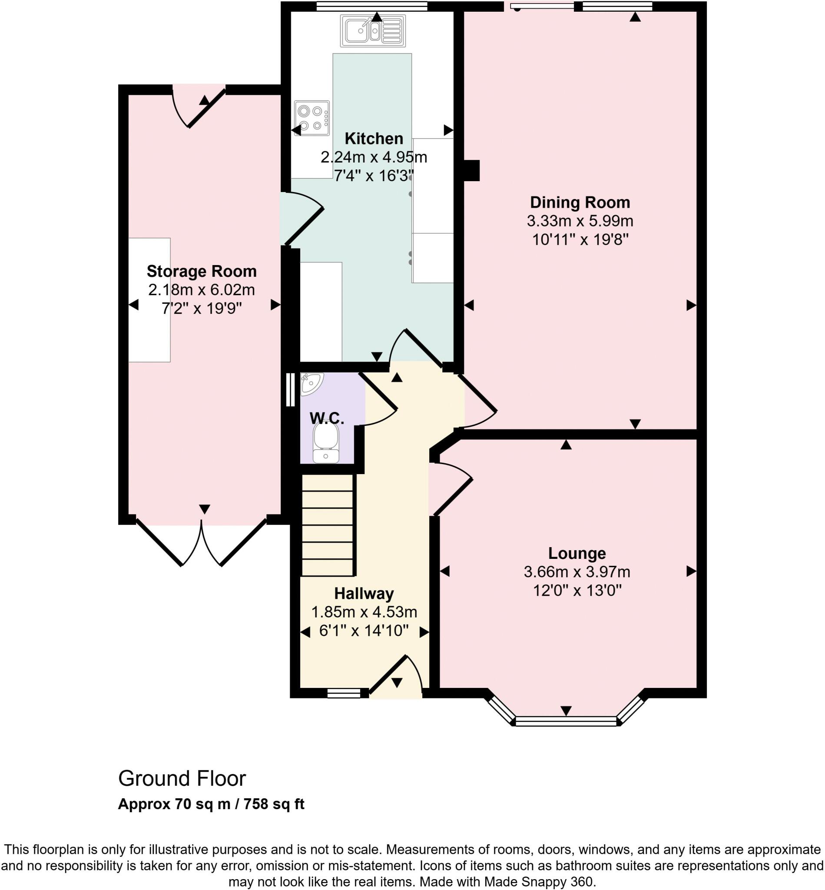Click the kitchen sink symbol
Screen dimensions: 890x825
(373, 31)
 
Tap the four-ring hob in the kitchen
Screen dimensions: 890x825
(311, 118)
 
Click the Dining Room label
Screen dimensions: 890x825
(580, 203)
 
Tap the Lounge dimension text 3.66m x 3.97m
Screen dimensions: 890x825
(577, 571)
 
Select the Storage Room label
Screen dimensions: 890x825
(201, 271)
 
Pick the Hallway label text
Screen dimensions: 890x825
(364, 594)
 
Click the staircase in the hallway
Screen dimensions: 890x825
(328, 525)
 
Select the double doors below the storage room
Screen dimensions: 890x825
(201, 543)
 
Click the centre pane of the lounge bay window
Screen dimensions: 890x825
(566, 721)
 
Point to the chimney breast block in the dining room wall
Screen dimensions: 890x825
(471, 171)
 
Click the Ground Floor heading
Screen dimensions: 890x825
(182, 778)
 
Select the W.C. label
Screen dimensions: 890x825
(327, 418)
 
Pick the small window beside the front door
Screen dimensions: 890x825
(343, 693)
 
